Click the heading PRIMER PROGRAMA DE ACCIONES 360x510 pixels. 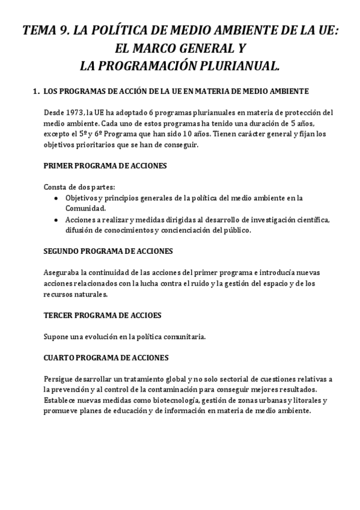click(105, 165)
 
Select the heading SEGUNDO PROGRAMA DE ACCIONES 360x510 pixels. click(109, 251)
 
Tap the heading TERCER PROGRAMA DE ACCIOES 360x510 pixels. click(103, 315)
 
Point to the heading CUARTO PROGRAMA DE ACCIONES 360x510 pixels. click(106, 358)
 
